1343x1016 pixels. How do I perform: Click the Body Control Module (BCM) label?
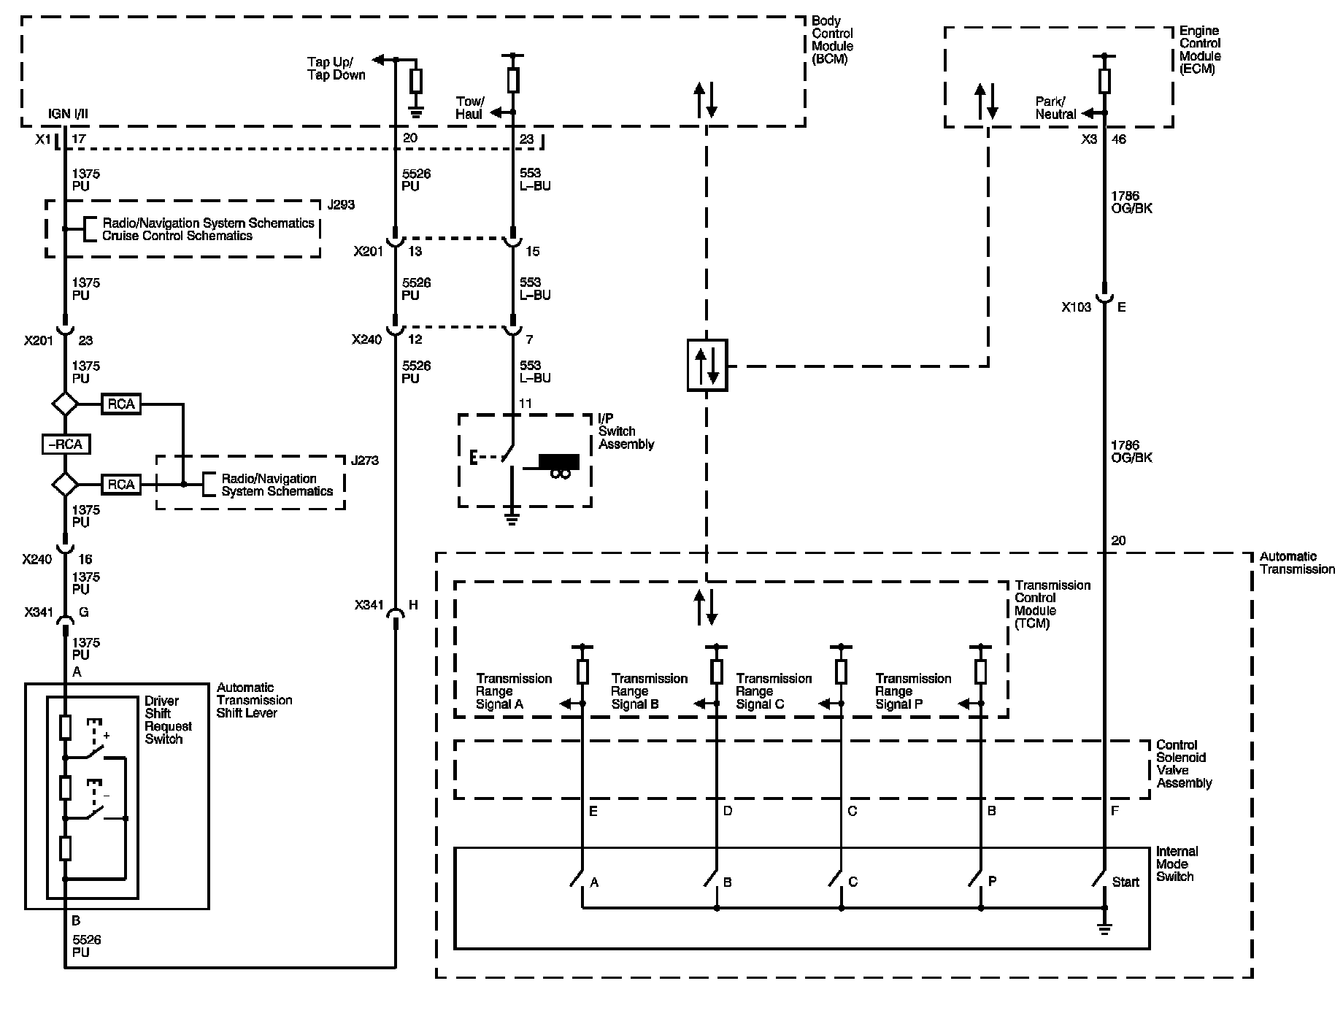[832, 40]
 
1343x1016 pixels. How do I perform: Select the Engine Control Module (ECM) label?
[1200, 50]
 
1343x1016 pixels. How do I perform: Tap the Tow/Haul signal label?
[469, 107]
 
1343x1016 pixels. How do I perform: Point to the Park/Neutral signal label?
[1055, 108]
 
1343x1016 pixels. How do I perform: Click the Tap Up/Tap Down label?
[336, 69]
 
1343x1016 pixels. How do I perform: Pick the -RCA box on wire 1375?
[66, 444]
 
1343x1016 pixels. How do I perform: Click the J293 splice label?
[341, 205]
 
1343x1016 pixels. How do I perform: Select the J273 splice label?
[365, 461]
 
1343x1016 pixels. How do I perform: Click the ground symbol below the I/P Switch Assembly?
[512, 519]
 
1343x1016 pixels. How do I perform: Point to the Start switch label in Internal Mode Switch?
[1125, 882]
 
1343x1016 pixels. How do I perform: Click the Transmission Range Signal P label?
[913, 691]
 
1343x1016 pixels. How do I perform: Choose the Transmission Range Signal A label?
[514, 691]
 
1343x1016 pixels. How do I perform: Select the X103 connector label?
[1077, 307]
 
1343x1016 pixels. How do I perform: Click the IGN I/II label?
[69, 113]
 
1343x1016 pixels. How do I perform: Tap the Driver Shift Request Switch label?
[168, 720]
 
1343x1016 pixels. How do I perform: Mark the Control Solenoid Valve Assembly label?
[1184, 764]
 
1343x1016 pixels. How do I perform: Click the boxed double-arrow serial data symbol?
[707, 365]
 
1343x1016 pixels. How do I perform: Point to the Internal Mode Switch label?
[1177, 864]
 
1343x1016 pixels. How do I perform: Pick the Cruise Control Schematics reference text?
[177, 236]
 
